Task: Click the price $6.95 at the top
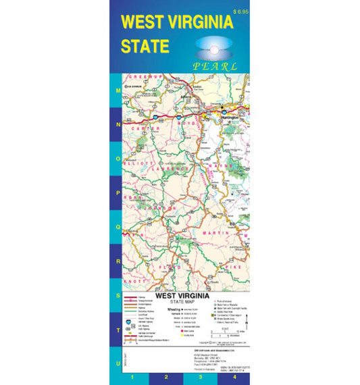(x=240, y=12)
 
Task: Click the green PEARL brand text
(x=215, y=66)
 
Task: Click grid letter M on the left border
(x=118, y=90)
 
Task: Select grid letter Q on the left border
(x=118, y=227)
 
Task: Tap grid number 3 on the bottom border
(x=201, y=376)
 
